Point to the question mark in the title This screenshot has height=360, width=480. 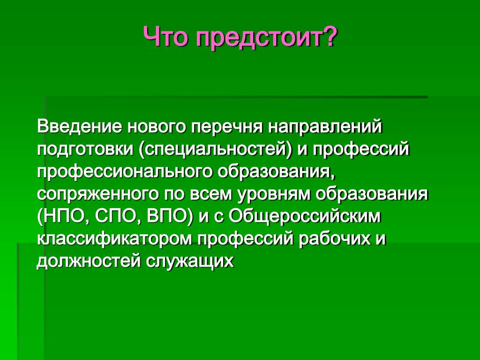(327, 36)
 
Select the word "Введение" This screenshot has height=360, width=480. (79, 127)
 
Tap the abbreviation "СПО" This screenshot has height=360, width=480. (113, 217)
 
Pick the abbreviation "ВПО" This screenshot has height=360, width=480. (165, 217)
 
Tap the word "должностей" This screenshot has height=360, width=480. (89, 262)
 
